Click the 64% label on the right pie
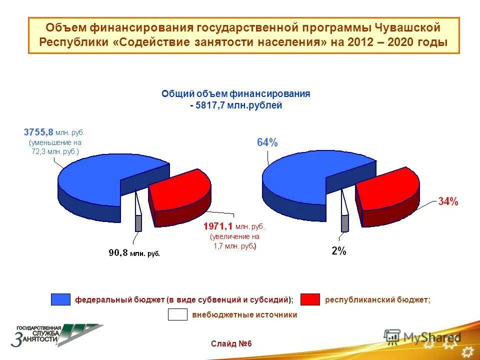tap(267, 142)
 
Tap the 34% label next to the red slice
tap(447, 202)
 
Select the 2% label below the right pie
tap(338, 251)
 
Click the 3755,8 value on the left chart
tap(38, 132)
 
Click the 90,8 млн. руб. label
tap(134, 253)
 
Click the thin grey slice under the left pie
tap(138, 222)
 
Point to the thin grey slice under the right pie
tap(344, 223)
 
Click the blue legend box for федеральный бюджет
tap(60, 299)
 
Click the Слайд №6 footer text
tap(231, 344)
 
